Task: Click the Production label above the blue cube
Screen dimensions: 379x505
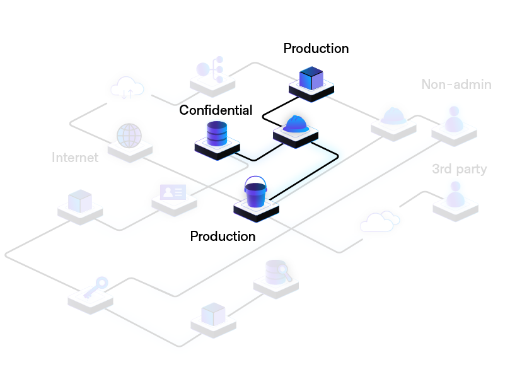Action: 316,49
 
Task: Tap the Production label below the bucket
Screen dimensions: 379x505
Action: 223,236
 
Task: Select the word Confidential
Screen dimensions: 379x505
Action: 216,110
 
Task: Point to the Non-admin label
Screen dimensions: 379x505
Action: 456,85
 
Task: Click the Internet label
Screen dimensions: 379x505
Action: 75,158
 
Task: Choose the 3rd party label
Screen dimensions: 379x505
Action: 459,169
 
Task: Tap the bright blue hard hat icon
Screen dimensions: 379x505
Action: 296,124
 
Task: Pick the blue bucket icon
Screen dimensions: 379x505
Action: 256,192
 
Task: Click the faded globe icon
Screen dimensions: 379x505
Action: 129,136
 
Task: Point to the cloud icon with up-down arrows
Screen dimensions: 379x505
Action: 127,88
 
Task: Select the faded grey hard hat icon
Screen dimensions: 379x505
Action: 393,115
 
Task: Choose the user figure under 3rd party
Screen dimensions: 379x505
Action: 454,194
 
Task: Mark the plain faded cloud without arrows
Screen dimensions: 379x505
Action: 380,221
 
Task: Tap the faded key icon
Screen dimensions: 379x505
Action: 93,287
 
